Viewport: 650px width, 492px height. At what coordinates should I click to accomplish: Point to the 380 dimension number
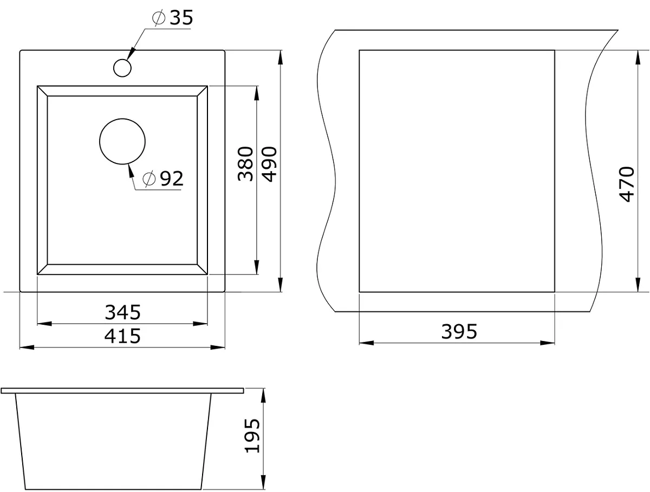click(x=245, y=164)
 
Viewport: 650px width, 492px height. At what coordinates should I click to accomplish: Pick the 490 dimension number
click(x=269, y=164)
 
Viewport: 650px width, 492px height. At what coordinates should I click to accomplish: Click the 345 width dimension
click(x=122, y=312)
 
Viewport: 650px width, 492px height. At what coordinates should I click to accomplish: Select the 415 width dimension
click(x=122, y=336)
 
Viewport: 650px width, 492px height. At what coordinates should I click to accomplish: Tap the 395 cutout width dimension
click(x=459, y=332)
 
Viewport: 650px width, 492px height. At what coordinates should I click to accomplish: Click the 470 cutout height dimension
click(x=626, y=185)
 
